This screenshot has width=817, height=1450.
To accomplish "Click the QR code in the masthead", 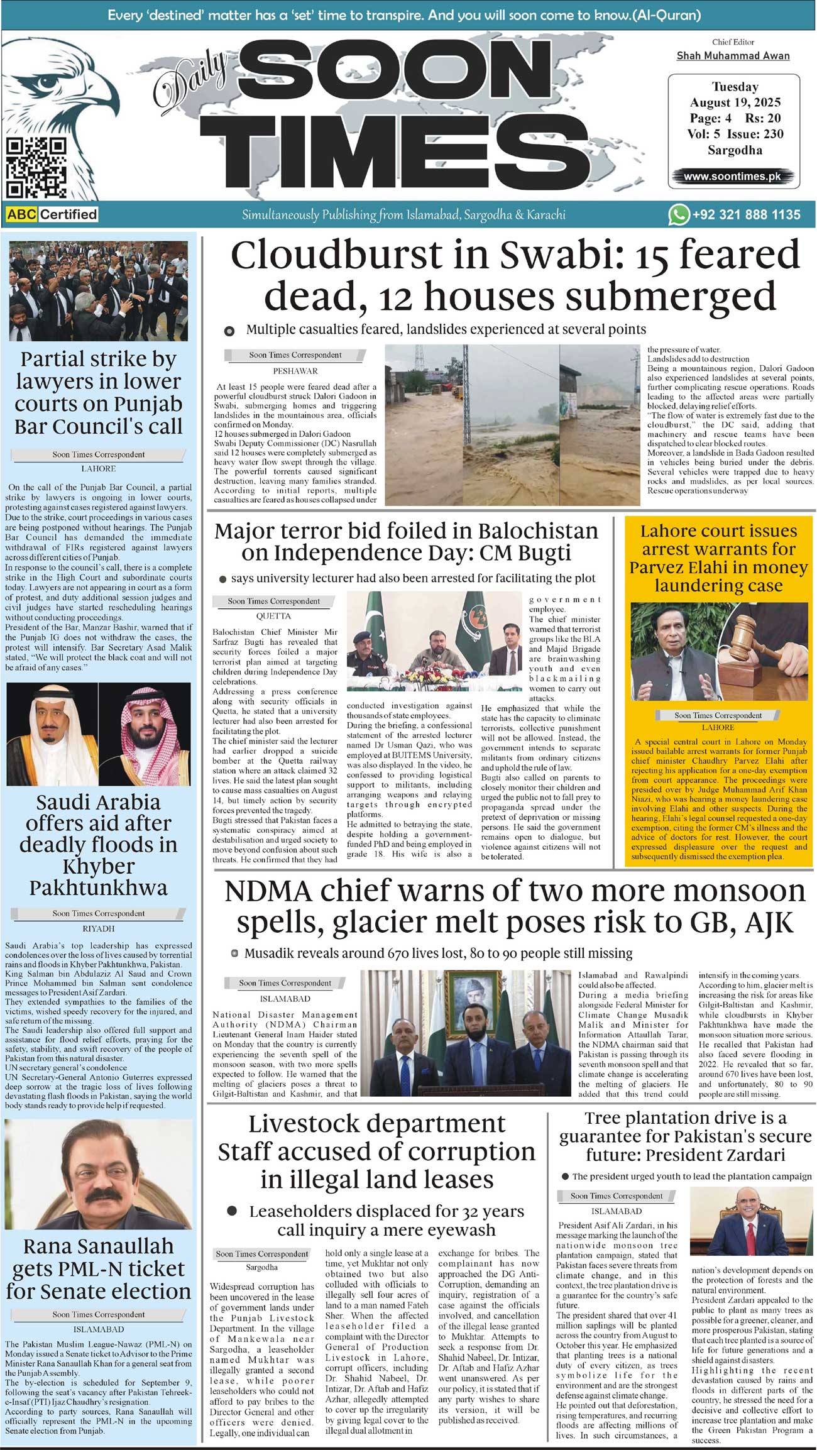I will pos(36,168).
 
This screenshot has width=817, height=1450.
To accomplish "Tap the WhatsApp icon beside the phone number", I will pos(678,214).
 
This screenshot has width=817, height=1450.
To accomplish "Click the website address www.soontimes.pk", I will pos(732,177).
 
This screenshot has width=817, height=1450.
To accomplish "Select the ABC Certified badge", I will pos(52,214).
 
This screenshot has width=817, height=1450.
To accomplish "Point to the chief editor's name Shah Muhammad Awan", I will pos(733,56).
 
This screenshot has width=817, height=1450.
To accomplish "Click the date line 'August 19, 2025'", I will pos(735,102).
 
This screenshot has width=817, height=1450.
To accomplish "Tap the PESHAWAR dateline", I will pos(295,371).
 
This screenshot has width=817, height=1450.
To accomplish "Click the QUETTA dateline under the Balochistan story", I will pos(273,616).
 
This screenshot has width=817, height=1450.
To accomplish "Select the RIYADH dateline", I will pos(99,928).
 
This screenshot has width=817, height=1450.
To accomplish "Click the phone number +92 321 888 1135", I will pos(746,215).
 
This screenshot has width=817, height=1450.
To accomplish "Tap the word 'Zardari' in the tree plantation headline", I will pos(747,1155).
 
